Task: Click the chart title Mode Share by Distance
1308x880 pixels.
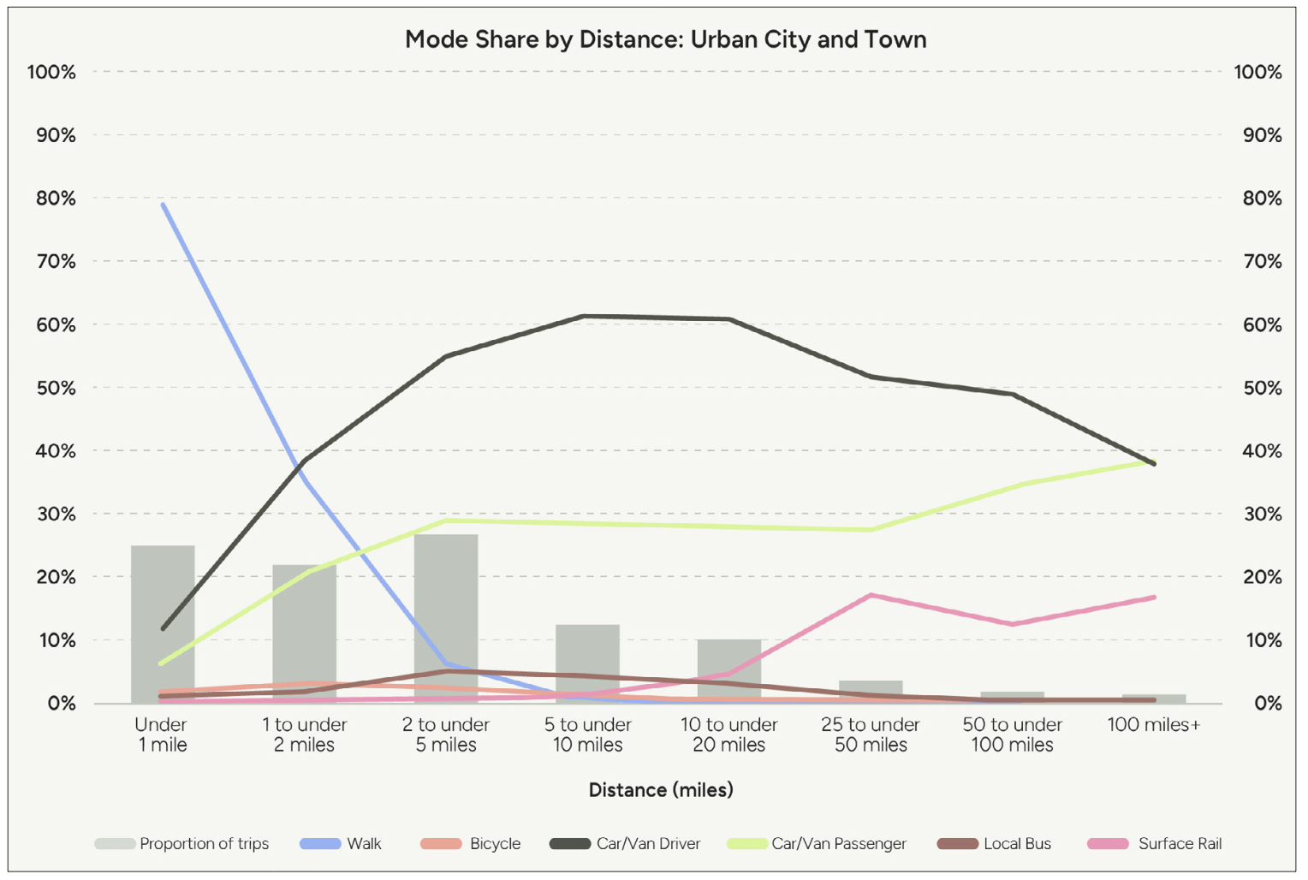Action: click(665, 39)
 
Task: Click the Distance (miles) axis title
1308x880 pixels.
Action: click(661, 789)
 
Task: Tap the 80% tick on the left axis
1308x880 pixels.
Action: click(56, 198)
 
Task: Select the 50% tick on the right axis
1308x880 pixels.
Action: click(1262, 388)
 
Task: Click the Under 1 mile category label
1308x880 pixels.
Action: click(162, 734)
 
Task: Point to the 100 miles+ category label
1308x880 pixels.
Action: click(1153, 725)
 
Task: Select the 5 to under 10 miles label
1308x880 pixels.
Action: click(587, 734)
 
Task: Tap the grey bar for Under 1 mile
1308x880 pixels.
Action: click(163, 625)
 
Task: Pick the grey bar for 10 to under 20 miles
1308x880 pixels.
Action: click(728, 672)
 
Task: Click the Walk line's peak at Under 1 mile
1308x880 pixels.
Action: click(163, 204)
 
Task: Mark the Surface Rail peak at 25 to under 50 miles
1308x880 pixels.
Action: click(871, 595)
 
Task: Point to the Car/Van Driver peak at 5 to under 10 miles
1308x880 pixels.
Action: click(584, 317)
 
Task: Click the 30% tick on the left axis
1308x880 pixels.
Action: click(56, 514)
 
